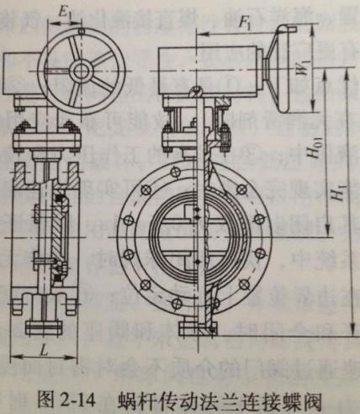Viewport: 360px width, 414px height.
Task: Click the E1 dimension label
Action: tap(64, 13)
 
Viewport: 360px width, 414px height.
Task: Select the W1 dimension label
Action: tap(303, 66)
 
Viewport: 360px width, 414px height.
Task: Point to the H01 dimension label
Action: tap(314, 147)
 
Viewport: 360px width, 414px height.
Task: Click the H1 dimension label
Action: tap(336, 191)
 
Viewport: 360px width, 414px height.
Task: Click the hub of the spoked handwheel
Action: tap(82, 70)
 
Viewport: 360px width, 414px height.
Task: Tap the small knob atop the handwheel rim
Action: tap(82, 31)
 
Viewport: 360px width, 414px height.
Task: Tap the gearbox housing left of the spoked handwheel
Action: tap(22, 73)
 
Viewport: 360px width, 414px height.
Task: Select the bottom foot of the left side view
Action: tap(43, 326)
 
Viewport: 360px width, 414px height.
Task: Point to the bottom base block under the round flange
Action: tap(198, 328)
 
